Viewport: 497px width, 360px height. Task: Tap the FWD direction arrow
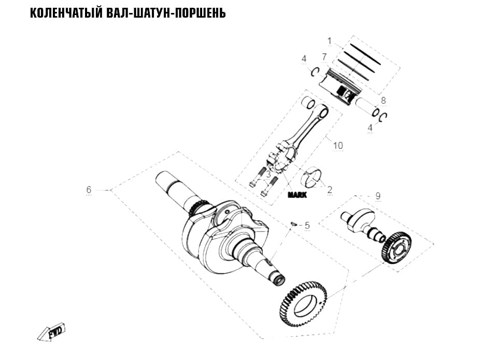51,333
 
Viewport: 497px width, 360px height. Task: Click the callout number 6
89,190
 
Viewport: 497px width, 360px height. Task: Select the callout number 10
338,146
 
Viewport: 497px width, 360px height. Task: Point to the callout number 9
378,196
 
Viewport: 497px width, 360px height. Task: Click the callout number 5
307,226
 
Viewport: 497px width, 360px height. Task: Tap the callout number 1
329,41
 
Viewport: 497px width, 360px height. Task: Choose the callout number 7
324,57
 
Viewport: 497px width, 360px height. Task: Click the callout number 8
383,100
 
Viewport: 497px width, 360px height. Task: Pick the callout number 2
330,190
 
